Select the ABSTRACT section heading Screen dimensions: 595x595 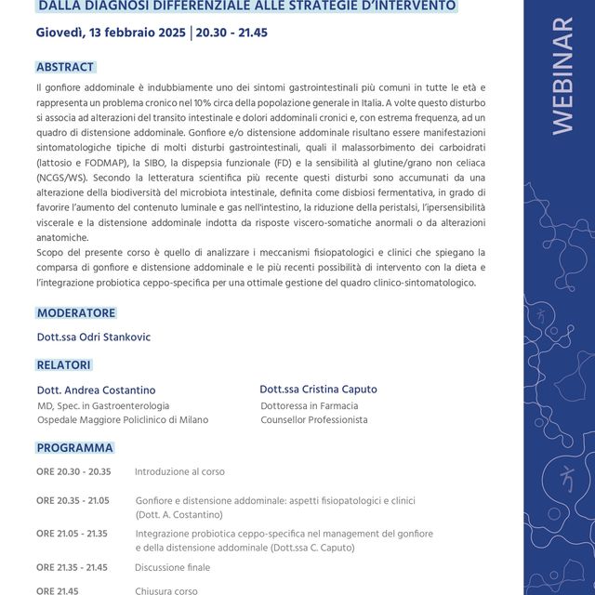tap(65, 68)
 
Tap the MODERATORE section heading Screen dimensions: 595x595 tap(76, 313)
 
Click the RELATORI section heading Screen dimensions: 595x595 tap(64, 365)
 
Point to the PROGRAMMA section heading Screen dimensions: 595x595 tap(74, 448)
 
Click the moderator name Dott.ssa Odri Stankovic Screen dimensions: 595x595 tap(93, 337)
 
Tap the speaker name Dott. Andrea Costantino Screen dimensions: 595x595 tap(96, 390)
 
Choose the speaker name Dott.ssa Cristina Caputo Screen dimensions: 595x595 tap(318, 390)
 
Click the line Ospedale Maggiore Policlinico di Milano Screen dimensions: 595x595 tap(122, 420)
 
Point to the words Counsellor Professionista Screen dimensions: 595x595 tap(313, 420)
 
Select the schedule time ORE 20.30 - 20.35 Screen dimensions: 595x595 tap(73, 471)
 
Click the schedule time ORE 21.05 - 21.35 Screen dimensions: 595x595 tap(72, 534)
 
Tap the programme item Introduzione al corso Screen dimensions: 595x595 tap(179, 471)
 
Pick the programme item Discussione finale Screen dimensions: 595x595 tap(172, 567)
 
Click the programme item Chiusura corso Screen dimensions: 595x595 tap(166, 590)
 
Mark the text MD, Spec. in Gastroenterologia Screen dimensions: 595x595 tap(102, 405)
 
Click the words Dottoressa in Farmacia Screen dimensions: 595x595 tap(309, 405)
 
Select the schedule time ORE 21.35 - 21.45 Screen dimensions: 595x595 tap(72, 567)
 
